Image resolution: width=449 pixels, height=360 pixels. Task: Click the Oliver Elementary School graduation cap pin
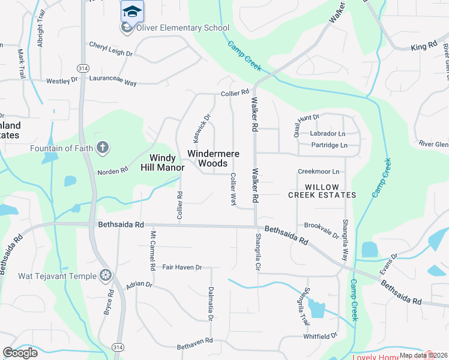coord(131,11)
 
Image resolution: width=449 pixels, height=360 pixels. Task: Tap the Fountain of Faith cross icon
coord(103,148)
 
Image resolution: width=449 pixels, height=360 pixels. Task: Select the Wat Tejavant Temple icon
coord(106,275)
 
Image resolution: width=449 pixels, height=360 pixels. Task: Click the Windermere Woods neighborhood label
coord(213,158)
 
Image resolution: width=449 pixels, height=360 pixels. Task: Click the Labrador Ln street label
coord(328,134)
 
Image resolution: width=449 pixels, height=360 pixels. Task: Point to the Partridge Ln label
coord(329,145)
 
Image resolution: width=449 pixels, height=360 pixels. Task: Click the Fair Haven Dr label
coord(182,267)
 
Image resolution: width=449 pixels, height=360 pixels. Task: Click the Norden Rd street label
coord(113,171)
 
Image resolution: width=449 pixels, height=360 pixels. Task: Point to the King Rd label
coord(424,47)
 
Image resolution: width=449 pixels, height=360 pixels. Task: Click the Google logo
coord(20,353)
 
